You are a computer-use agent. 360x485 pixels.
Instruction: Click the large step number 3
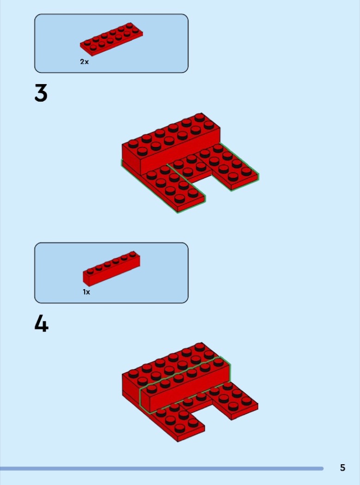pos(41,93)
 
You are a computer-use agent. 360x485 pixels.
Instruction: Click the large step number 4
pos(41,324)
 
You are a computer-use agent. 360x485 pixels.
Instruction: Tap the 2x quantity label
pos(84,62)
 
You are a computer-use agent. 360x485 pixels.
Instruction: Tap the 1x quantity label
pos(86,291)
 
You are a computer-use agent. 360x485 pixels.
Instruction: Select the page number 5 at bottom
pos(342,467)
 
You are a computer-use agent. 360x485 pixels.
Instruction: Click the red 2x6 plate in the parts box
pos(111,39)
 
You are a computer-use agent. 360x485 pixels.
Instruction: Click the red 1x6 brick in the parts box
pos(111,268)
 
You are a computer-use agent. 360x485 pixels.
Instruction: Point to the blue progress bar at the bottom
pos(162,469)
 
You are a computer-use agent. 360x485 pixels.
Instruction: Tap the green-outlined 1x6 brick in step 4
pos(185,385)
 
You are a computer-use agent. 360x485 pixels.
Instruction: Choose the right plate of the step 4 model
pos(236,400)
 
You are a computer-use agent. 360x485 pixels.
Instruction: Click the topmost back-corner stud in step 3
pos(200,117)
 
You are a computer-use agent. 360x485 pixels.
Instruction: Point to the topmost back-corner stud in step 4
pos(200,346)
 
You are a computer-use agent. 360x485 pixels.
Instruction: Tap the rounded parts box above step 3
pos(111,43)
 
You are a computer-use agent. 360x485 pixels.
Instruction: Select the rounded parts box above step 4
pos(111,273)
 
